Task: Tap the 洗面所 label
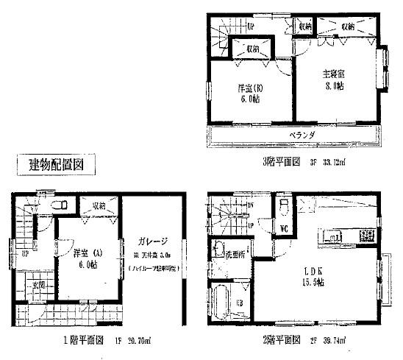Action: (x=235, y=255)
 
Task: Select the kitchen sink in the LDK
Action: (x=329, y=237)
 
